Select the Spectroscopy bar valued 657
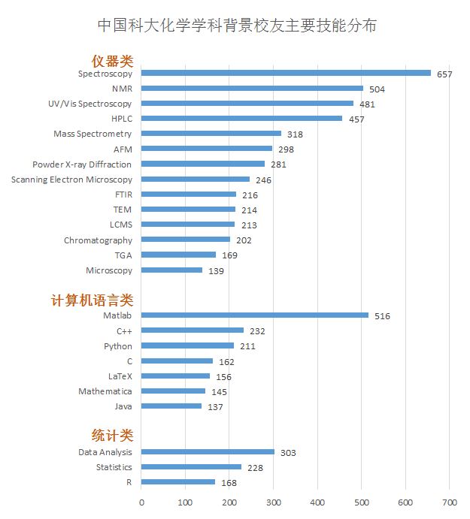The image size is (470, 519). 286,73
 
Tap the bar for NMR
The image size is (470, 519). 252,89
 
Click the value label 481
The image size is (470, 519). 366,104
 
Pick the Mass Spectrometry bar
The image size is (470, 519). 211,134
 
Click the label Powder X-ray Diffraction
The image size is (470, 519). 82,164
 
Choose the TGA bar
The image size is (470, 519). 178,255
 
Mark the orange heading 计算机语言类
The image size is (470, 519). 92,300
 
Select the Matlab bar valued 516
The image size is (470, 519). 255,315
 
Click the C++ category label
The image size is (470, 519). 124,330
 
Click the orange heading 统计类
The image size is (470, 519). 112,435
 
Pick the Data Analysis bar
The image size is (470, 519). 208,451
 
